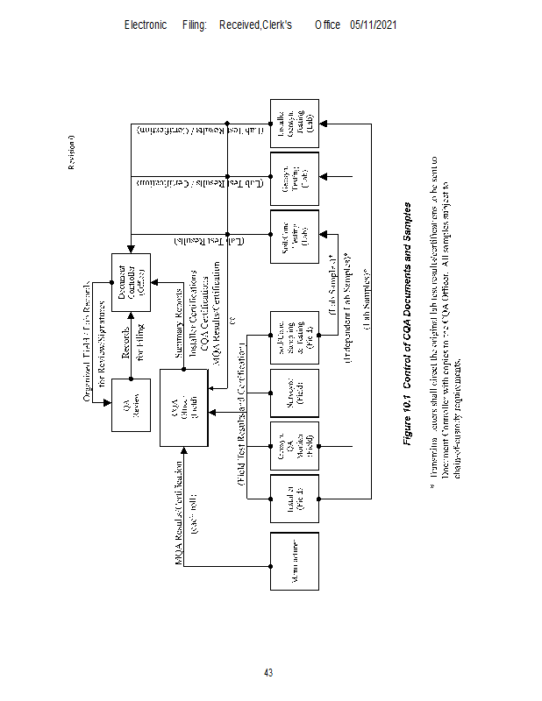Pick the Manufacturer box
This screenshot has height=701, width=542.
pyautogui.click(x=294, y=560)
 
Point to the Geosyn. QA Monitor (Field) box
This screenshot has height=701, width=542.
pyautogui.click(x=294, y=450)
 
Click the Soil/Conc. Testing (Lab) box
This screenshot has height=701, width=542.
pyautogui.click(x=294, y=237)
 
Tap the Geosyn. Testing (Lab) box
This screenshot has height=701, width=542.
pyautogui.click(x=294, y=179)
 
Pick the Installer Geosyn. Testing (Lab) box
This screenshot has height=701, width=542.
pyautogui.click(x=294, y=122)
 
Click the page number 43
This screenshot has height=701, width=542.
pyautogui.click(x=269, y=673)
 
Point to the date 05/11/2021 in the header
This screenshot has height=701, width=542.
pyautogui.click(x=374, y=25)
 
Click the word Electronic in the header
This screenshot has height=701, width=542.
pyautogui.click(x=146, y=25)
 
